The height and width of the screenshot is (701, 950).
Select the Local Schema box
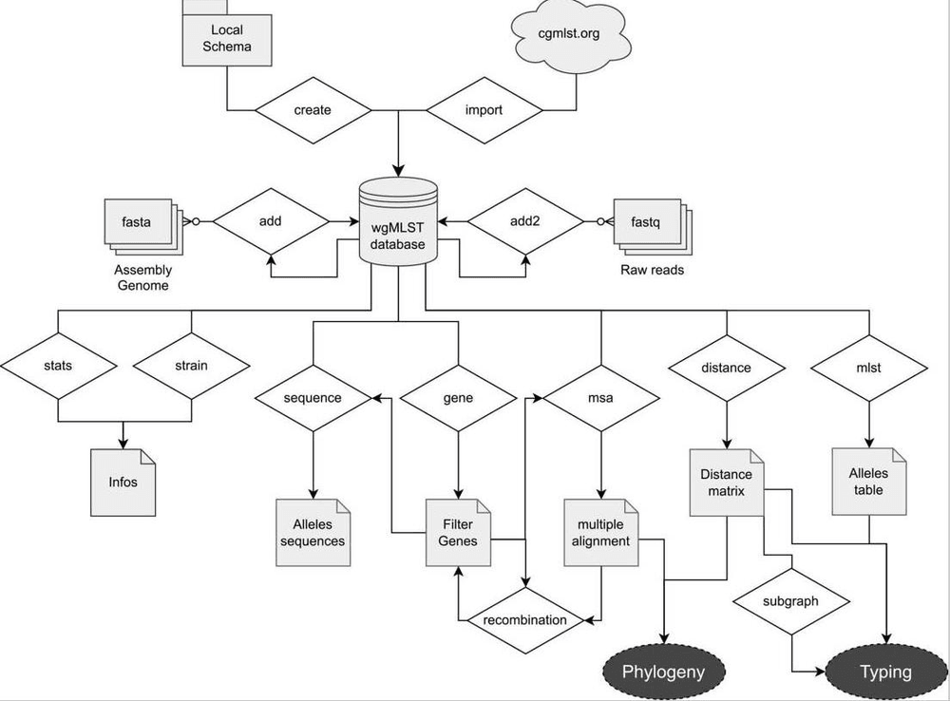pos(227,38)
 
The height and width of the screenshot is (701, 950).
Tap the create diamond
pos(313,110)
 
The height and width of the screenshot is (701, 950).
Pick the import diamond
pos(484,110)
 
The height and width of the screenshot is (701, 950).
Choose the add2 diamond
pos(525,222)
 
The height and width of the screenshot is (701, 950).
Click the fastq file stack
pos(651,225)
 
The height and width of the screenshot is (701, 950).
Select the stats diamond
pos(58,365)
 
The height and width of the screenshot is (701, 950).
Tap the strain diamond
pos(191,365)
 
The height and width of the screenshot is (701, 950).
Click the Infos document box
pos(123,482)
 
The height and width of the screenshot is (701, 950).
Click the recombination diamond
pos(524,620)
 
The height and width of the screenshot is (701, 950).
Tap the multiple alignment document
pos(602,532)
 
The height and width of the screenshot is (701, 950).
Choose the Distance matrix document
pos(727,483)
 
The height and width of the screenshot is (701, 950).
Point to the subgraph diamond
pos(791,601)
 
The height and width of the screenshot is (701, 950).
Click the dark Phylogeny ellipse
pos(663,673)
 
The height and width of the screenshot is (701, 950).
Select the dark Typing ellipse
pos(885,673)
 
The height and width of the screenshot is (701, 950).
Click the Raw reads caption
pos(652,270)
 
